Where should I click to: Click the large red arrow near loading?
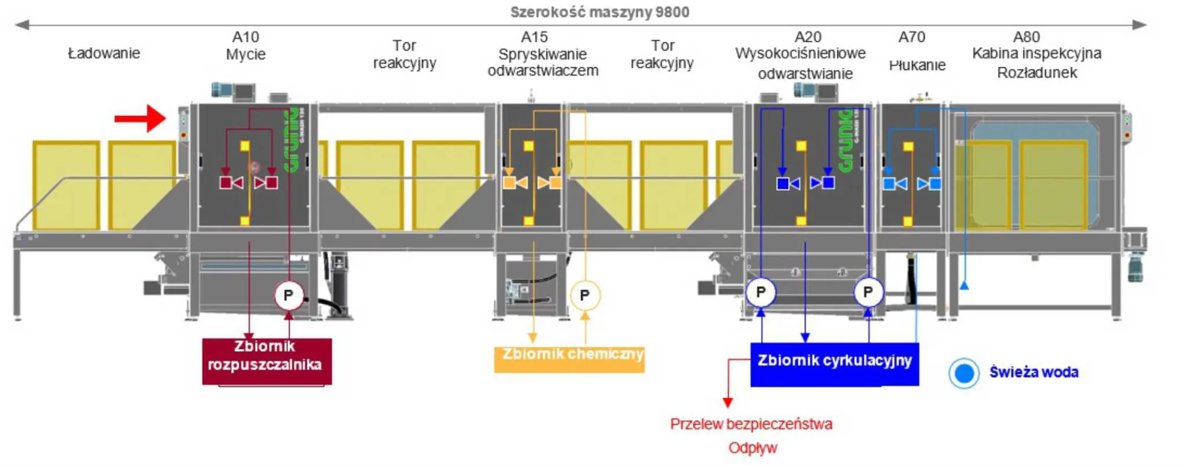click(x=141, y=119)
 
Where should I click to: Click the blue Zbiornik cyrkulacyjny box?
click(x=834, y=364)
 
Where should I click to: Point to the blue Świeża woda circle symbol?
click(x=964, y=373)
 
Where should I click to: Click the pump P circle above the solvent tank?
click(x=288, y=296)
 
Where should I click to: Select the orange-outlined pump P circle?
click(x=585, y=296)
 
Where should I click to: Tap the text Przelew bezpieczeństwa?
click(x=751, y=424)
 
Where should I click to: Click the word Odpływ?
click(x=753, y=447)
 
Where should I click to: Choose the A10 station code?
click(x=246, y=37)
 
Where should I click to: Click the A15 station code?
click(x=534, y=37)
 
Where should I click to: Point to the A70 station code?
click(x=912, y=37)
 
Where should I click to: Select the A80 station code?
click(x=1026, y=37)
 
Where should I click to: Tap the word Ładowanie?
click(x=104, y=53)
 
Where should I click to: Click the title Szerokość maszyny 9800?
click(x=600, y=12)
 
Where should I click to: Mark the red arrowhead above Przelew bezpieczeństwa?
click(x=728, y=402)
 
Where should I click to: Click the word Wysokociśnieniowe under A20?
click(x=800, y=54)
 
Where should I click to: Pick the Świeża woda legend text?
click(x=1034, y=372)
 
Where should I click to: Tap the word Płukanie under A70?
click(x=917, y=65)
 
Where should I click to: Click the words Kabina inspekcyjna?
click(x=1037, y=53)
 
